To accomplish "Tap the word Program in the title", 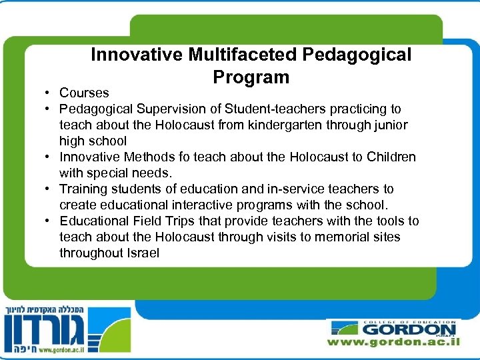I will [251, 77].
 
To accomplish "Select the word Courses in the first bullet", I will [84, 93].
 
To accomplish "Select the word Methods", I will [143, 157].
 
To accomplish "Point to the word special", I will [104, 173].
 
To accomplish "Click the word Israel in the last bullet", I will [141, 253].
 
